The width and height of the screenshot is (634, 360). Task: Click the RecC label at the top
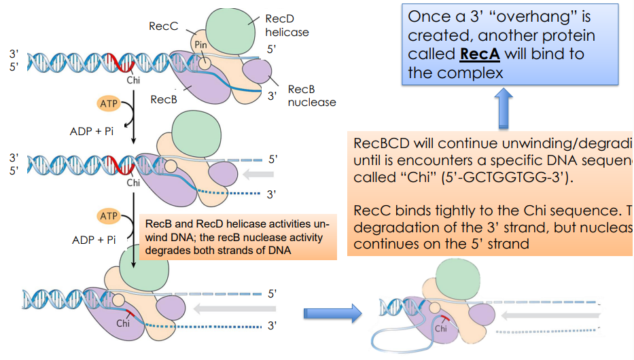[x=163, y=26]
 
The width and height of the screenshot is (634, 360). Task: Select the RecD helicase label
[x=286, y=26]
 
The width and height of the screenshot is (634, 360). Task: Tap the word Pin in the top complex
[x=200, y=46]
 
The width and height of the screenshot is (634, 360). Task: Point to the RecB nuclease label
[x=311, y=96]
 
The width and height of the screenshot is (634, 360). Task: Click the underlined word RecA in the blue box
[x=483, y=54]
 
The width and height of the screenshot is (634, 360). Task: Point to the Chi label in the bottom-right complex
[x=441, y=328]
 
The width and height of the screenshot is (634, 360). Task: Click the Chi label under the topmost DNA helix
[x=133, y=79]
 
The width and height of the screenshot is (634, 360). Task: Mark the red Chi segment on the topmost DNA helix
[x=125, y=62]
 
